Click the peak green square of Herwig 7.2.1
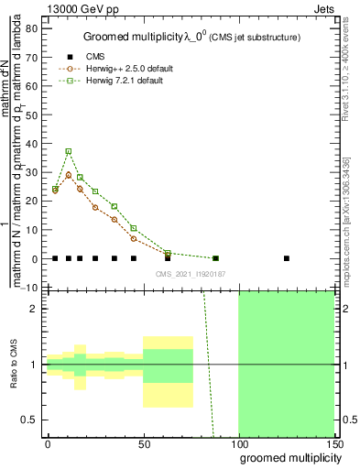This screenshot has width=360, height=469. (68, 151)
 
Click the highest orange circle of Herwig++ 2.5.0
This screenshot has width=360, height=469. (68, 174)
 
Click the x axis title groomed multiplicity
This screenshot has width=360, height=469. (288, 456)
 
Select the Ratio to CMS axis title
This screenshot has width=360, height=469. (15, 364)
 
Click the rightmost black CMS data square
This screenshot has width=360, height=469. (287, 258)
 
